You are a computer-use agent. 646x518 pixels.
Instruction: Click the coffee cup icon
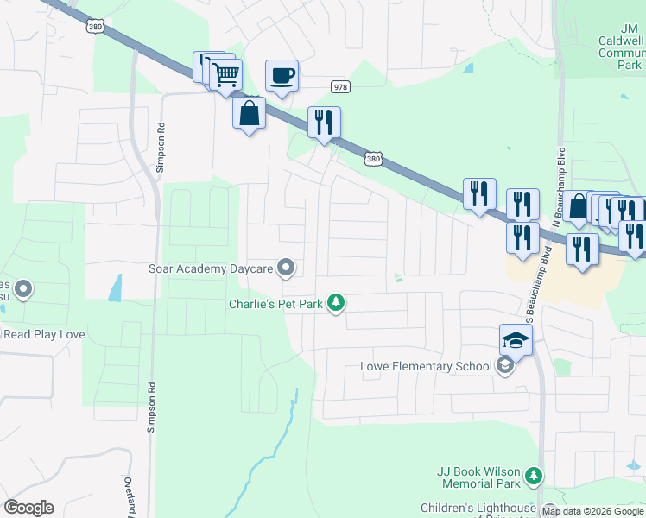point(282,75)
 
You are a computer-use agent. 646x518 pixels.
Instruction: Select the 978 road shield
point(341,86)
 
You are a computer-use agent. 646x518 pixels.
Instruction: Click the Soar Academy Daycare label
point(211,268)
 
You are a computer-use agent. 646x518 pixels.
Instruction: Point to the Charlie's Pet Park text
point(275,303)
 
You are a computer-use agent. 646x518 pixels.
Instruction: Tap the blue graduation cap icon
point(516,340)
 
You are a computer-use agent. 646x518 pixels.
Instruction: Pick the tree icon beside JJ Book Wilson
point(535,475)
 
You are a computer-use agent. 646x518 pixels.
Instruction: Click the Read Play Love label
point(42,333)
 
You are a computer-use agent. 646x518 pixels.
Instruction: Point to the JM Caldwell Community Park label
point(623,52)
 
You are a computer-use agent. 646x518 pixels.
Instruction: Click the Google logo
point(29,507)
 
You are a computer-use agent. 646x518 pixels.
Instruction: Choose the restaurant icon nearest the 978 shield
point(324,123)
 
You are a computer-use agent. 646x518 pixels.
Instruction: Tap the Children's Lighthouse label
point(478,508)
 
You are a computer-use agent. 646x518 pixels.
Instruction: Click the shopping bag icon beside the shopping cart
point(249,113)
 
